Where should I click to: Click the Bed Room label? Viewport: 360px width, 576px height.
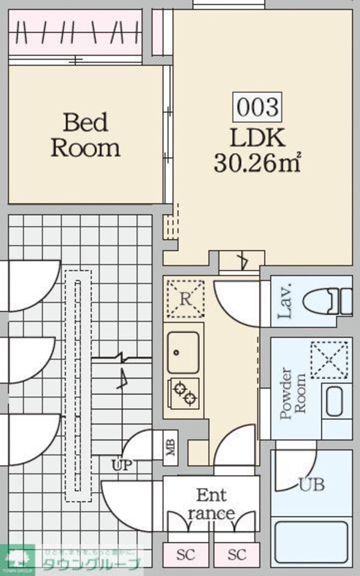pyautogui.click(x=86, y=135)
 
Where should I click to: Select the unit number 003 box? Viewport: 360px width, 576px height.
pyautogui.click(x=257, y=107)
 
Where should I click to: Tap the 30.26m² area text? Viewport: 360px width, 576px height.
pyautogui.click(x=257, y=163)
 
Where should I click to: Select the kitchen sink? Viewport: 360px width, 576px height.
pyautogui.click(x=182, y=352)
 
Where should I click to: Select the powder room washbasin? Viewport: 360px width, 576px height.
pyautogui.click(x=334, y=401)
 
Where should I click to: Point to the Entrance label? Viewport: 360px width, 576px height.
pyautogui.click(x=211, y=504)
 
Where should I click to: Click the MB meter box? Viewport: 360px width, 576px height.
pyautogui.click(x=171, y=446)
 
